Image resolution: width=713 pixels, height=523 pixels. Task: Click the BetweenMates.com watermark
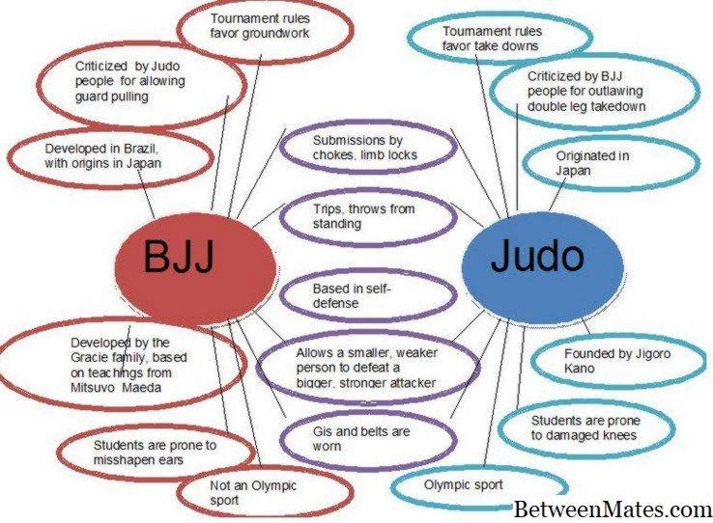coord(612,508)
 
